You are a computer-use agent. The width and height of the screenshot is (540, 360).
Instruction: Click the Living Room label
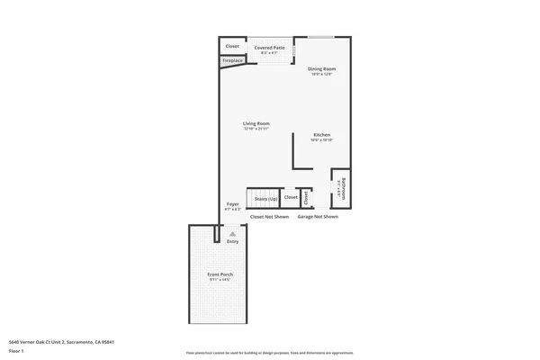pos(256,123)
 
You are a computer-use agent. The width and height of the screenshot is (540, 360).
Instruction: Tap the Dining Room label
pos(321,68)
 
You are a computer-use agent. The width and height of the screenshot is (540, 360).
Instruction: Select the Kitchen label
pos(321,134)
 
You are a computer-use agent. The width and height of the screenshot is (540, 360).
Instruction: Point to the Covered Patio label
pos(269,47)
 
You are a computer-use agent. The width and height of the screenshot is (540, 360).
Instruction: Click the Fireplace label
pos(233,61)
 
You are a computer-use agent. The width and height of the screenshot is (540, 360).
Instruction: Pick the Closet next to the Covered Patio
pos(232,46)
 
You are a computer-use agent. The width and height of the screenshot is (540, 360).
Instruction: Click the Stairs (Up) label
pos(265,197)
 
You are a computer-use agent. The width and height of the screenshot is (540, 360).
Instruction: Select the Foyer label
pos(232,204)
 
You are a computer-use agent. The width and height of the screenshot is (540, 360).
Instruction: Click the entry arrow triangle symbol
pos(232,234)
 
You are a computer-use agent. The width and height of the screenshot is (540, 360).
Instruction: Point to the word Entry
pos(232,241)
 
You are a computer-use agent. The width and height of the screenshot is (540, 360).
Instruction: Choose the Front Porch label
pos(220,274)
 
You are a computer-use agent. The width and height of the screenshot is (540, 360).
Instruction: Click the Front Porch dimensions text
pos(220,280)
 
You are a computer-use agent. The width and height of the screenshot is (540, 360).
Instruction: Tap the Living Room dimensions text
pos(256,129)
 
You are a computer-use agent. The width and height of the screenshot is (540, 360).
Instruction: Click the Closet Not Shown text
pos(269,216)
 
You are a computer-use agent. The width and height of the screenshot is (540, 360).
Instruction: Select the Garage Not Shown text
pos(318,216)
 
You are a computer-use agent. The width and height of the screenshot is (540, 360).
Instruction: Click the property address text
pos(61,342)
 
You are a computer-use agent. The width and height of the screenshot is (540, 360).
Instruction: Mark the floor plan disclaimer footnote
pos(270,353)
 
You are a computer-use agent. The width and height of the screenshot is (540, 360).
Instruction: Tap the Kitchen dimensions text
pos(321,139)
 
